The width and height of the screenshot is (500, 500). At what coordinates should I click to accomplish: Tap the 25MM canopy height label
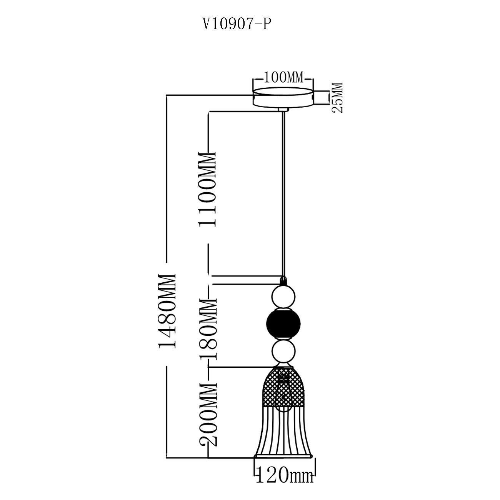click(338, 97)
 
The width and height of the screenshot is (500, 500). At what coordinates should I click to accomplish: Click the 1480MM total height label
click(167, 310)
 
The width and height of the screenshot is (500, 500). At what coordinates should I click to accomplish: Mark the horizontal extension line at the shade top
click(238, 367)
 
